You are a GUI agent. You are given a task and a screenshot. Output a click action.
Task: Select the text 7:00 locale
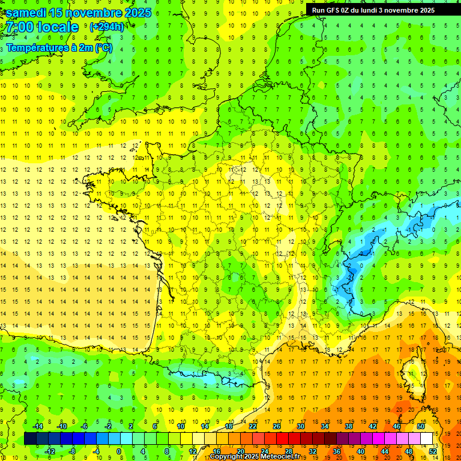[42, 27]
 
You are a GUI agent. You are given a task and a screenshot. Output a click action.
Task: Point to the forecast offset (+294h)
[106, 27]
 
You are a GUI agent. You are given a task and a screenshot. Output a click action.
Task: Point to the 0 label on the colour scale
[119, 451]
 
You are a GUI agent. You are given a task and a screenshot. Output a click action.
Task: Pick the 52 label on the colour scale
[433, 451]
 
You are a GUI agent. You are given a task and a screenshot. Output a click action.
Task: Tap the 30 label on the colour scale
[300, 426]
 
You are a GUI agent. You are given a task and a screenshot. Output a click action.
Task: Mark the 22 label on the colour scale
[253, 426]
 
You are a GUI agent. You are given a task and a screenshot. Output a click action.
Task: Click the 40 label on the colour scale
[361, 451]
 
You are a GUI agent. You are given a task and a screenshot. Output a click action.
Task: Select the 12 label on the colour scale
[192, 451]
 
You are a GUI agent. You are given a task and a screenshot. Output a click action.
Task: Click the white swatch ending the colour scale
[426, 439]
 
